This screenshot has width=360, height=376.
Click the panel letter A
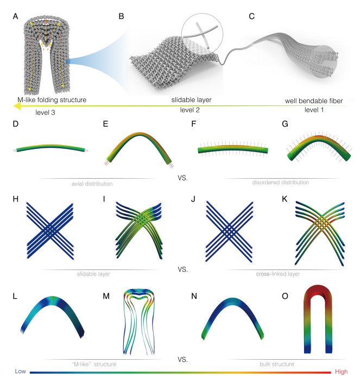(16, 16)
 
